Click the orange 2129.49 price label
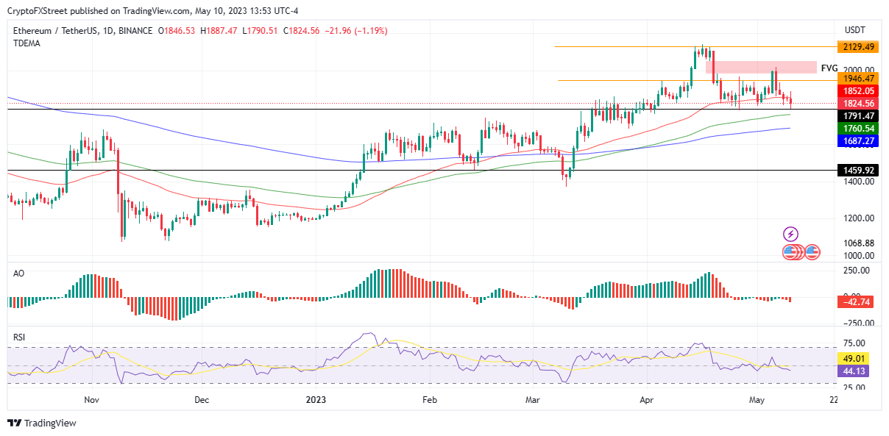(858, 47)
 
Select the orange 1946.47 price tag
(858, 78)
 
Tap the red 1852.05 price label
(858, 90)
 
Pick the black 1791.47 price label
(858, 115)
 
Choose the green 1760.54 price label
(858, 128)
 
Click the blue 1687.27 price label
(858, 140)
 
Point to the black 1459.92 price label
(858, 170)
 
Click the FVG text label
(829, 68)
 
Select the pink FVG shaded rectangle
(761, 68)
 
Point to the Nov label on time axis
(91, 400)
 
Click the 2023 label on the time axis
(316, 400)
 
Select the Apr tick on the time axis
(647, 400)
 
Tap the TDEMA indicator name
(27, 43)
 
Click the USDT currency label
(854, 29)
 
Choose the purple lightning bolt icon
(791, 235)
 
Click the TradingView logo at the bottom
(42, 423)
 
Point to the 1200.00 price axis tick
(859, 218)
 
